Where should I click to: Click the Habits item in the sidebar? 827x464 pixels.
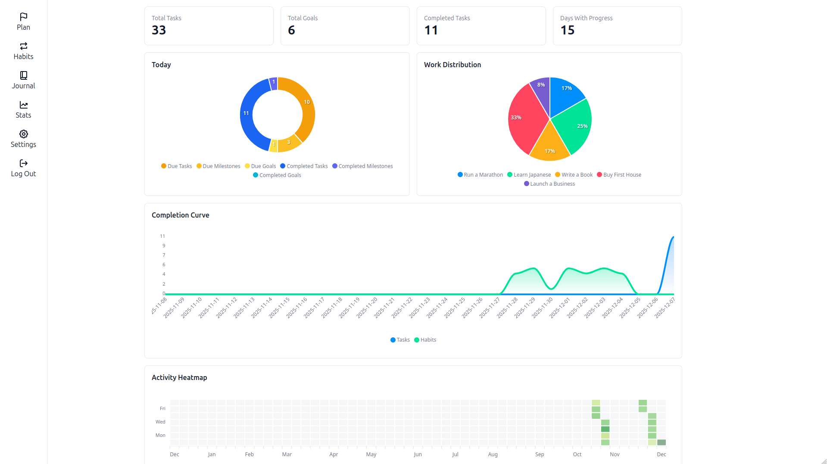tap(23, 51)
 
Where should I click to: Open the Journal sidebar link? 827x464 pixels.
tap(23, 80)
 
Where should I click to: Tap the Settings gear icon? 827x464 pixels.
tap(23, 134)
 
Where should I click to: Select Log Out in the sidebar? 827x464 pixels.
tap(23, 168)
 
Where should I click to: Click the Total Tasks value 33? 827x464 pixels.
tap(159, 30)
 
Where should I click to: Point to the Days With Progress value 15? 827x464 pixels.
tap(567, 30)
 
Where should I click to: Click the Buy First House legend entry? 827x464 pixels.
tap(619, 174)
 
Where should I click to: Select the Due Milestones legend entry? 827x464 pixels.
tap(218, 166)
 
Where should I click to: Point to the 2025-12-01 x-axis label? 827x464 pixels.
tap(560, 308)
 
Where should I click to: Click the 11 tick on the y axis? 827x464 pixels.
tap(162, 236)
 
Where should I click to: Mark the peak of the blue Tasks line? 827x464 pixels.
tap(673, 237)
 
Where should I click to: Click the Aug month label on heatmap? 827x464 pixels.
tap(493, 454)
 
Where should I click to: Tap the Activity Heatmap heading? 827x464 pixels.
tap(179, 377)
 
